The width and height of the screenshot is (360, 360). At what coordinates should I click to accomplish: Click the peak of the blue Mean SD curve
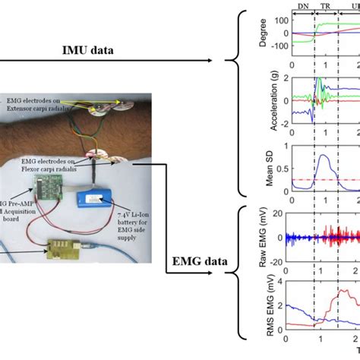(x=325, y=156)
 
